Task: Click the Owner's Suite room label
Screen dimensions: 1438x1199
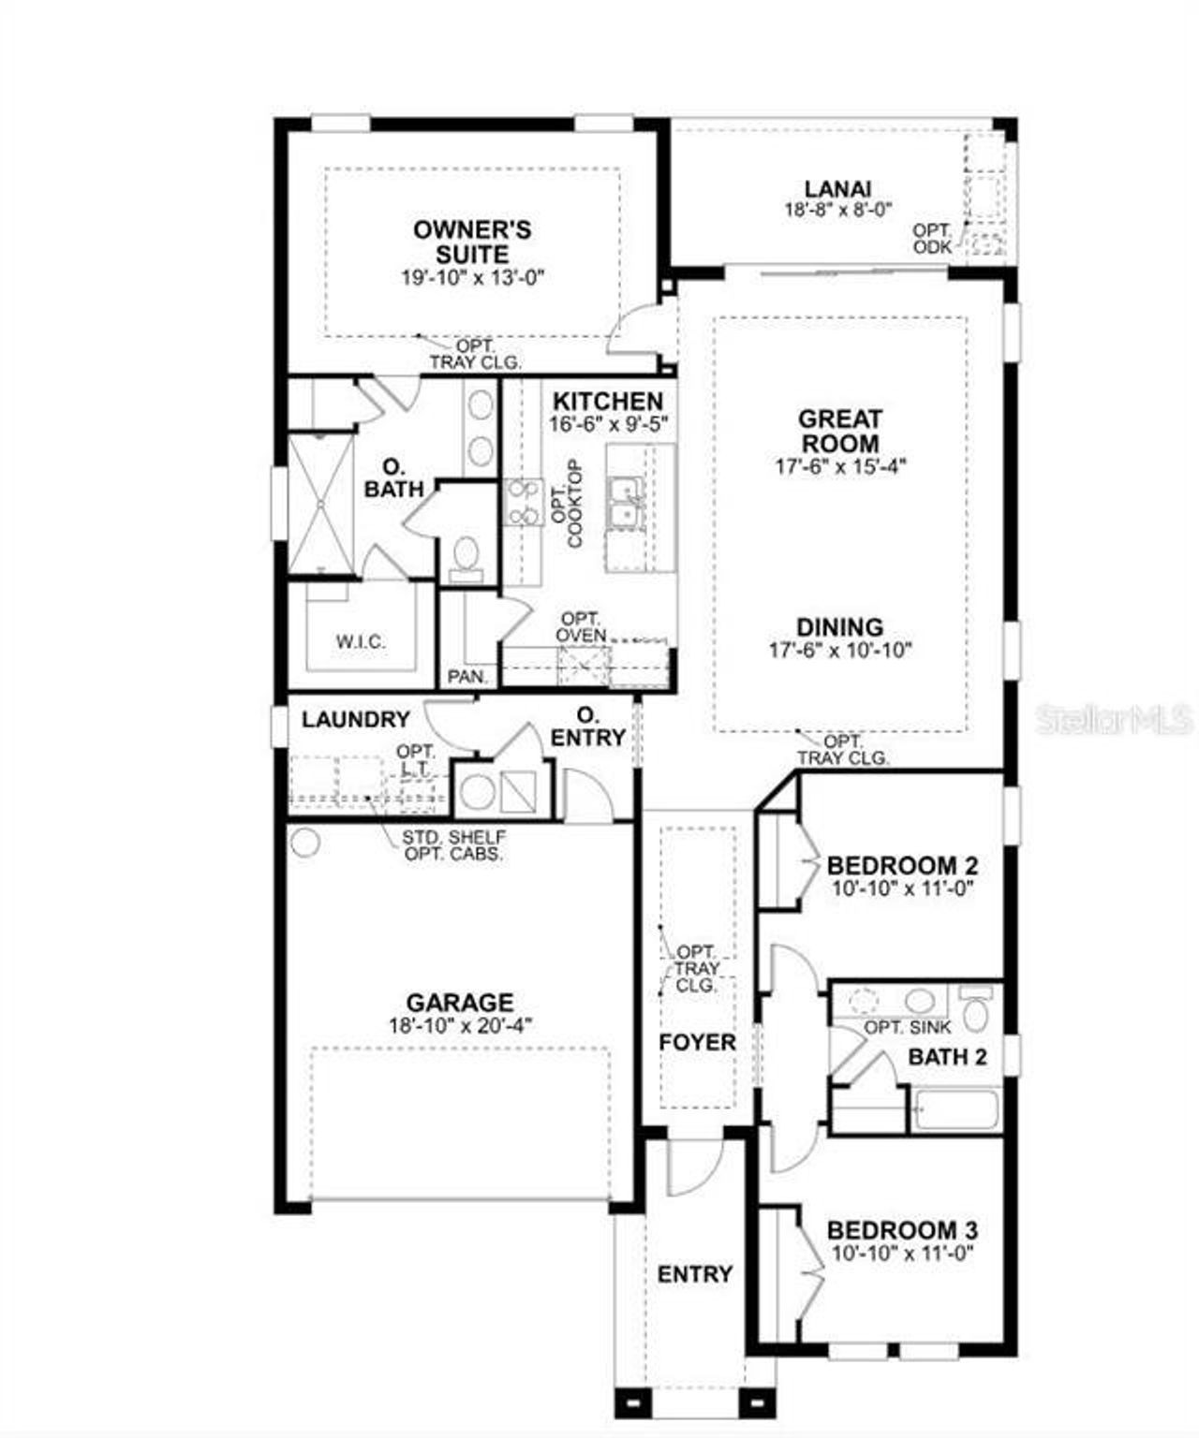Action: point(472,242)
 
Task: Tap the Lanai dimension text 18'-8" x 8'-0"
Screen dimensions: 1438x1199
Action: point(837,211)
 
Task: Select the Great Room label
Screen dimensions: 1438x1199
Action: point(839,431)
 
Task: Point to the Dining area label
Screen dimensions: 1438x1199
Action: point(839,627)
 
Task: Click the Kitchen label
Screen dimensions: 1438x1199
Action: point(607,401)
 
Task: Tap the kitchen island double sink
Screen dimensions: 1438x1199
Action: point(623,502)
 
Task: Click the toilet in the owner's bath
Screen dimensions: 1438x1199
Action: point(464,556)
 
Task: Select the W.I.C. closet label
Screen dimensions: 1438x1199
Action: point(361,642)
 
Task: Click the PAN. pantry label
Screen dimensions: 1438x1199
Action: point(466,676)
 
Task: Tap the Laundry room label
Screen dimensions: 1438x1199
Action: point(355,719)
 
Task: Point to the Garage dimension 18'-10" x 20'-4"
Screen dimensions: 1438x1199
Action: point(460,1025)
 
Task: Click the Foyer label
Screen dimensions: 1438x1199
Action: point(697,1042)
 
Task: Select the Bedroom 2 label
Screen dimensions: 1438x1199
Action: point(902,865)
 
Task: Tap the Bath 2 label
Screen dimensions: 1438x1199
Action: point(947,1057)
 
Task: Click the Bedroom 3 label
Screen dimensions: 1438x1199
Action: point(902,1230)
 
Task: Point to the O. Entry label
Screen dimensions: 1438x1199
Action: point(587,727)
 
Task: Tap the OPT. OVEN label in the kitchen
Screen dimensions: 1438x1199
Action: point(581,627)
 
